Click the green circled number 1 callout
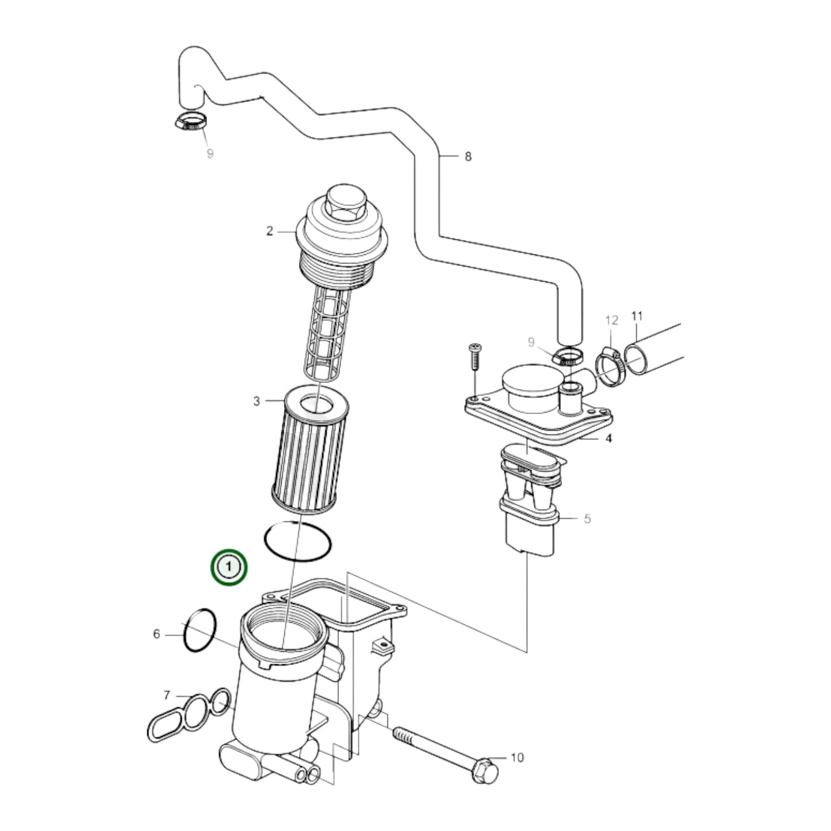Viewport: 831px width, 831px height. pyautogui.click(x=229, y=567)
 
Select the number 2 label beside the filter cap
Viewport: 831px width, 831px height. pyautogui.click(x=269, y=231)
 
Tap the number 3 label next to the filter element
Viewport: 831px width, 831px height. pyautogui.click(x=256, y=401)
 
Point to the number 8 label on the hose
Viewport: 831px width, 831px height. pyautogui.click(x=468, y=156)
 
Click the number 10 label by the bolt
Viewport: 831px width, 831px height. pyautogui.click(x=517, y=757)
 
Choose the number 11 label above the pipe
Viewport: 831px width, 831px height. pyautogui.click(x=637, y=316)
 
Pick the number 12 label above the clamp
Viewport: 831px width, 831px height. pyautogui.click(x=611, y=320)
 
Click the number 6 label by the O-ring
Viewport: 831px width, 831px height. pyautogui.click(x=156, y=634)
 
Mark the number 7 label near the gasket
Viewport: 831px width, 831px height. pyautogui.click(x=167, y=695)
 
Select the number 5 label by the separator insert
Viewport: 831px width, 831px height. pyautogui.click(x=587, y=519)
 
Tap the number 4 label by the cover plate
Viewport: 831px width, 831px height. pyautogui.click(x=608, y=439)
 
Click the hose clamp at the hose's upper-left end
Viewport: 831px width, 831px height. pyautogui.click(x=190, y=122)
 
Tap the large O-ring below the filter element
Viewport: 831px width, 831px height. pyautogui.click(x=298, y=541)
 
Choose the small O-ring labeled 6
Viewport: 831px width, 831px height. pyautogui.click(x=200, y=630)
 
